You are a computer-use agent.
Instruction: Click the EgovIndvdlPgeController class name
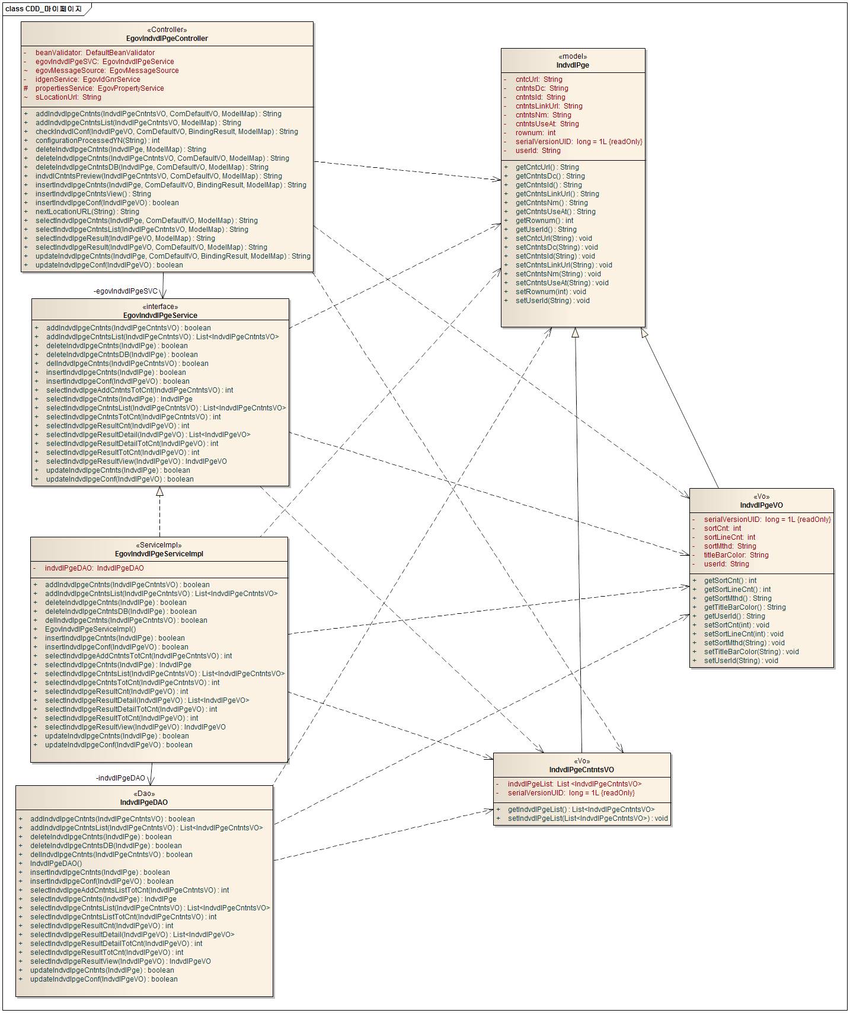167,39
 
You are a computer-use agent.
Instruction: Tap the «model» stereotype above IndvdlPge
573,56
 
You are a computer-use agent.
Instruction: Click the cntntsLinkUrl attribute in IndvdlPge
549,106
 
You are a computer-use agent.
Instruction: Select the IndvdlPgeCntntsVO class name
581,770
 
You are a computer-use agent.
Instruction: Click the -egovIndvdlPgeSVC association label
126,291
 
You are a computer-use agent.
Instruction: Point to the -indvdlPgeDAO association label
120,778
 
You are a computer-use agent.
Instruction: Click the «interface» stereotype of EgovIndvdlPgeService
160,307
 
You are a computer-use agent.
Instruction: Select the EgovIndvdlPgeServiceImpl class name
159,554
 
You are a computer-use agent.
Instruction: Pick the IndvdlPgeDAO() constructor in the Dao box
56,864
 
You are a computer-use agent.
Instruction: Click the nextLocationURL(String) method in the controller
87,212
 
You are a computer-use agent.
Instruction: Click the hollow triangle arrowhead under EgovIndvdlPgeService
159,492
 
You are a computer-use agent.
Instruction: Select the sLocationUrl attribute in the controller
68,97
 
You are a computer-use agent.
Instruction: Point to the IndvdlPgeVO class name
761,505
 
